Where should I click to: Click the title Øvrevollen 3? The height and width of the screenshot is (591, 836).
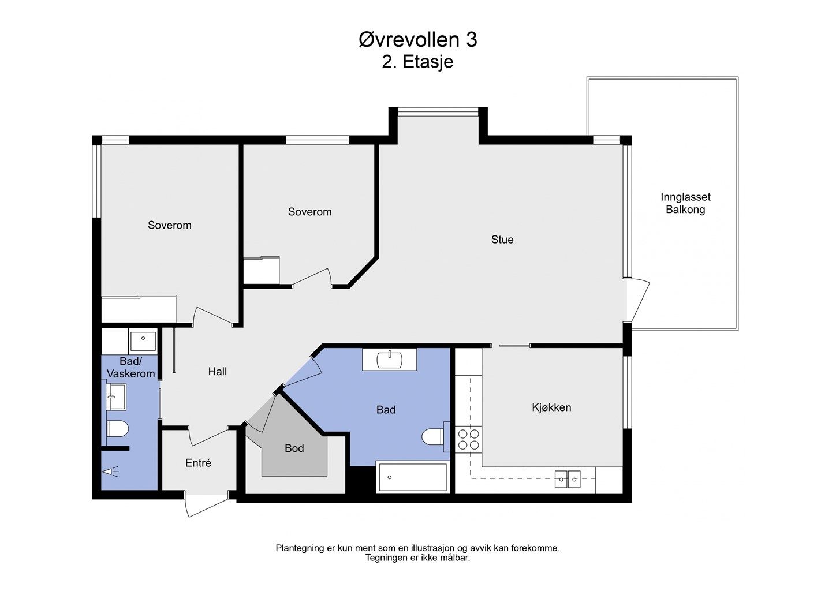[417, 40]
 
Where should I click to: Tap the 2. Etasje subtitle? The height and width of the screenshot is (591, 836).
[417, 62]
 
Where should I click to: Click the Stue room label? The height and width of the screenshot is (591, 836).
[502, 240]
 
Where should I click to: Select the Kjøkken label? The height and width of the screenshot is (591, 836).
[551, 407]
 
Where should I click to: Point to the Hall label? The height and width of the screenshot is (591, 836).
[217, 371]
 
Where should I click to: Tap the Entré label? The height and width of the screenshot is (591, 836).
[198, 463]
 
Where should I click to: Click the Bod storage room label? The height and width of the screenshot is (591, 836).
[294, 448]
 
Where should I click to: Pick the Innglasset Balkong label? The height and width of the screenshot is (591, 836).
[685, 203]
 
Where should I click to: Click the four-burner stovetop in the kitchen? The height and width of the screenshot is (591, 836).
[468, 439]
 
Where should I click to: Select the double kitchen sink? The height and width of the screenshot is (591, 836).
[568, 479]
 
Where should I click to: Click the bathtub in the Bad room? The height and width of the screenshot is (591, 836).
[413, 477]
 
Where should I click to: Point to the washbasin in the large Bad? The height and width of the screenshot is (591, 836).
[389, 360]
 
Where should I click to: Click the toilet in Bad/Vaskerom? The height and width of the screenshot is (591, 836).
[118, 429]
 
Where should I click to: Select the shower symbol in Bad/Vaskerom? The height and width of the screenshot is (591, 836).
[111, 471]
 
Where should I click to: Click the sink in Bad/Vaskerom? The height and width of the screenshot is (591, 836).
[117, 397]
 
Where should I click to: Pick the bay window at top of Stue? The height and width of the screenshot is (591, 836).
[438, 111]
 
